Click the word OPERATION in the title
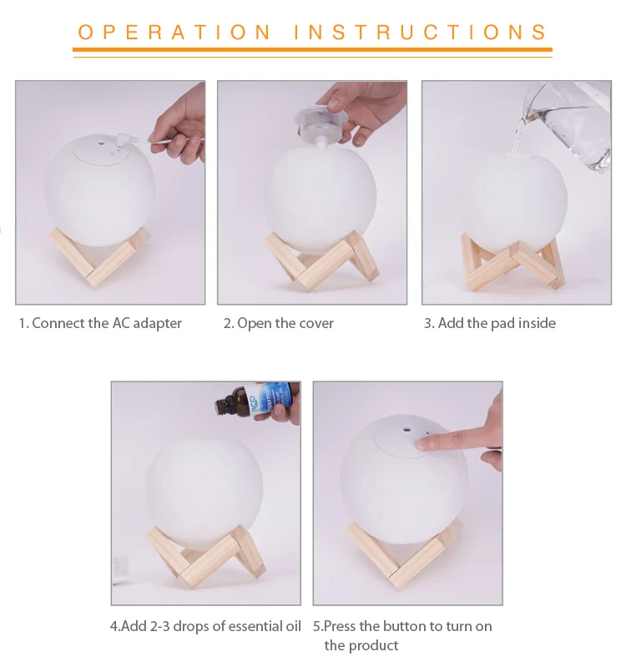point(174,33)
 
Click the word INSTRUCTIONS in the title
point(421,33)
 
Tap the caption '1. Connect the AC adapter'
point(100,323)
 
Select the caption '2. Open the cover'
point(279,323)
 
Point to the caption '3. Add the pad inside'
point(489,323)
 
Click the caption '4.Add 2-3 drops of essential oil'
point(205,626)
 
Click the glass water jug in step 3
point(566,125)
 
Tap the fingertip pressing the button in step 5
point(423,443)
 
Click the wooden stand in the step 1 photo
point(101,257)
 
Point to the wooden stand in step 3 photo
point(512,263)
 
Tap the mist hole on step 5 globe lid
point(406,429)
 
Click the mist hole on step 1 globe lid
point(102,143)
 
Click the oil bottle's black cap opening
point(219,407)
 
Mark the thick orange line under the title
point(312,50)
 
